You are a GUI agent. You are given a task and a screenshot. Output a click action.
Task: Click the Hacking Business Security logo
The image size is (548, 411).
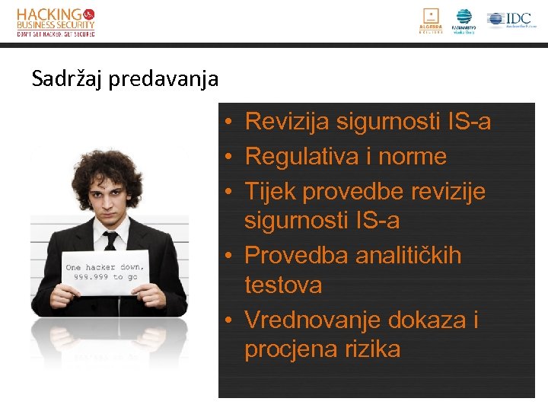pos(56,21)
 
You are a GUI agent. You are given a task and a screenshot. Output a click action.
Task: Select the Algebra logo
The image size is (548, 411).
pos(431,21)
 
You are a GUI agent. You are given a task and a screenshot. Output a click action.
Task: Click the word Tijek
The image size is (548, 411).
pos(270,192)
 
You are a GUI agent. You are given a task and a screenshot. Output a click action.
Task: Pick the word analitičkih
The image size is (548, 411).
pos(408,255)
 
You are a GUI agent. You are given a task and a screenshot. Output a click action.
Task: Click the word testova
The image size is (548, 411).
pos(283,285)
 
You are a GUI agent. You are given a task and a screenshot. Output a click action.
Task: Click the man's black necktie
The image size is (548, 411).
pos(111,242)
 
